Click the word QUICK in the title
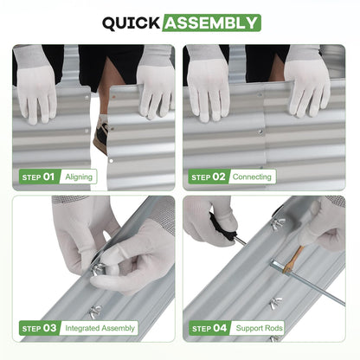132,23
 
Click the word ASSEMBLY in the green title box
211,23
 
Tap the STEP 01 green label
39,177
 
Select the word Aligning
79,177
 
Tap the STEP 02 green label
209,177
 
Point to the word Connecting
252,177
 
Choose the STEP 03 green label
40,328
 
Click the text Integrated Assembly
100,328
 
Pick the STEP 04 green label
209,328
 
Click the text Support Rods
260,328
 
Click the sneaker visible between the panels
100,135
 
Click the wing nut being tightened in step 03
98,270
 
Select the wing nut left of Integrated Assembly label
95,312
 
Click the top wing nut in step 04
279,223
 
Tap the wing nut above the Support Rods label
276,304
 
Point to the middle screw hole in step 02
260,132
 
